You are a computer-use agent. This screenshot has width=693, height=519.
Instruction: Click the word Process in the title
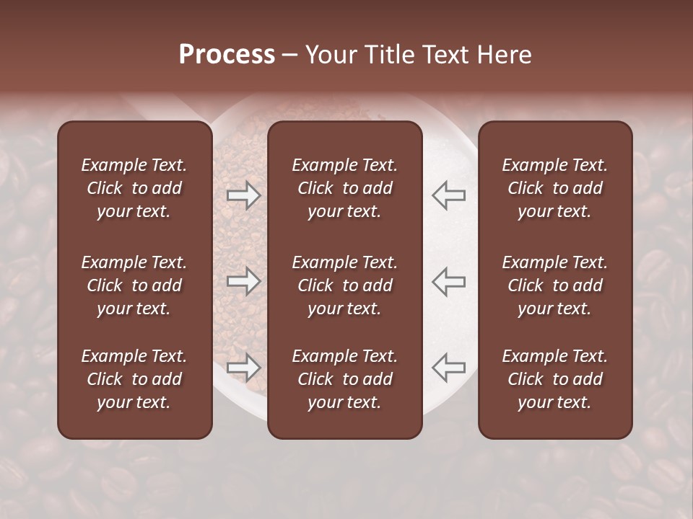tap(227, 55)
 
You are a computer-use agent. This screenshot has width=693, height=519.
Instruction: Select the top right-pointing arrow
tap(243, 195)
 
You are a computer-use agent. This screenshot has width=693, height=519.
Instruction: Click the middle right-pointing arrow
tap(243, 281)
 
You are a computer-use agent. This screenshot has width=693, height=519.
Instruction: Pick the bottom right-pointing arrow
tap(243, 368)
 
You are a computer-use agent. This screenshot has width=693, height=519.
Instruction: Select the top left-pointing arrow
tap(449, 195)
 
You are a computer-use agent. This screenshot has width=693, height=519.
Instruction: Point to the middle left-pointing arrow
tap(449, 281)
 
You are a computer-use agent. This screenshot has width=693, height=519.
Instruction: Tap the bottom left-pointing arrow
tap(449, 368)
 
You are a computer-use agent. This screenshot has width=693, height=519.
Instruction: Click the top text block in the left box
tap(134, 188)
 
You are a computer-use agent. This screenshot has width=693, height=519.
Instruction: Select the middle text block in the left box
tap(134, 285)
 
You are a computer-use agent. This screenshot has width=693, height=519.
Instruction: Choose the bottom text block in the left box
tap(134, 379)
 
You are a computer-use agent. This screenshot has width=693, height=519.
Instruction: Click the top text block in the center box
tap(344, 188)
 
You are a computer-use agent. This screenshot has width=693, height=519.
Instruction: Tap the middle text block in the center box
tap(344, 285)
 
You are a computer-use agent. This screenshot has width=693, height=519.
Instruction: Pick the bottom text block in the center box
tap(344, 379)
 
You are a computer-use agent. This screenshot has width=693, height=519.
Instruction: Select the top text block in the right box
tap(554, 188)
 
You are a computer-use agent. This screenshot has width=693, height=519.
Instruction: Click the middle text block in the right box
tap(554, 285)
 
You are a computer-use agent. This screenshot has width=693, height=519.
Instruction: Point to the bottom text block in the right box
tap(554, 379)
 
